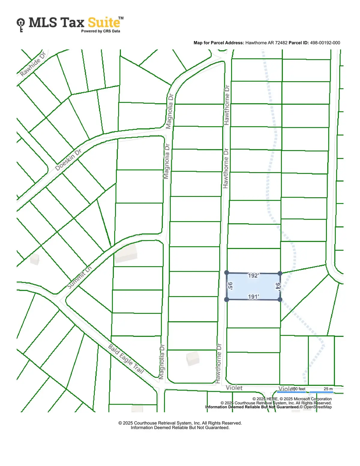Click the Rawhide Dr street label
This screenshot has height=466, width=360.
click(33, 64)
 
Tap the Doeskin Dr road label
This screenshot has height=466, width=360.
click(68, 160)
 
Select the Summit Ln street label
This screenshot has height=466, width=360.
click(79, 277)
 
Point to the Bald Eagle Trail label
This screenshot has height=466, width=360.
click(126, 359)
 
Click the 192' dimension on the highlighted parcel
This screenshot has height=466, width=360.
click(253, 275)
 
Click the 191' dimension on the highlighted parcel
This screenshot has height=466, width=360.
click(253, 297)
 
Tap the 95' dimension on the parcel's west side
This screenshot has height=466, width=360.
click(230, 286)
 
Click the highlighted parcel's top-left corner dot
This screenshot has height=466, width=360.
click(227, 273)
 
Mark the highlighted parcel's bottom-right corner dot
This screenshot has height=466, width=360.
click(280, 299)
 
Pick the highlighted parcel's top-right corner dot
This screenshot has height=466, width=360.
click(280, 273)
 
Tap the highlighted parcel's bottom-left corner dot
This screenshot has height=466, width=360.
click(227, 299)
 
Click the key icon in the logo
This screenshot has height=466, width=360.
click(21, 25)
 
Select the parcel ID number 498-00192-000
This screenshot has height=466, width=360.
click(325, 43)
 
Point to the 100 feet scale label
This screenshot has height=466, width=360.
click(298, 389)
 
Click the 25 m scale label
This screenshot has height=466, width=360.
click(328, 389)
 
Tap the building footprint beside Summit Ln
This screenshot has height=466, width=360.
click(126, 254)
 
